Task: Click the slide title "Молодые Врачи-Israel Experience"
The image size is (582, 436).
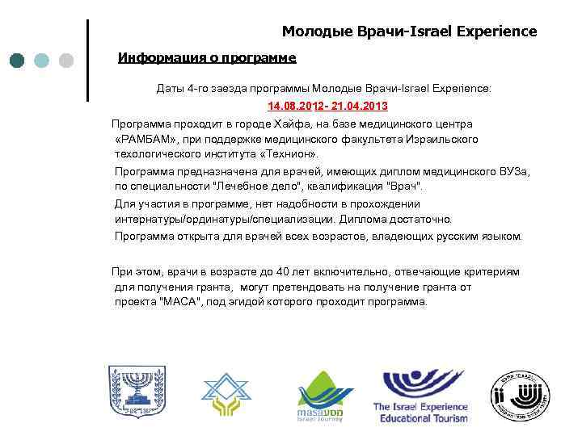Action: click(409, 31)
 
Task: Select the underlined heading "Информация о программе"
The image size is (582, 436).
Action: click(207, 58)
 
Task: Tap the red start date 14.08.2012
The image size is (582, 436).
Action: click(296, 106)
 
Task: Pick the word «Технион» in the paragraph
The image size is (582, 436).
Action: click(289, 153)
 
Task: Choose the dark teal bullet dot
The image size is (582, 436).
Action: click(19, 61)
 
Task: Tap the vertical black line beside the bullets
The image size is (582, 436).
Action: click(86, 61)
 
